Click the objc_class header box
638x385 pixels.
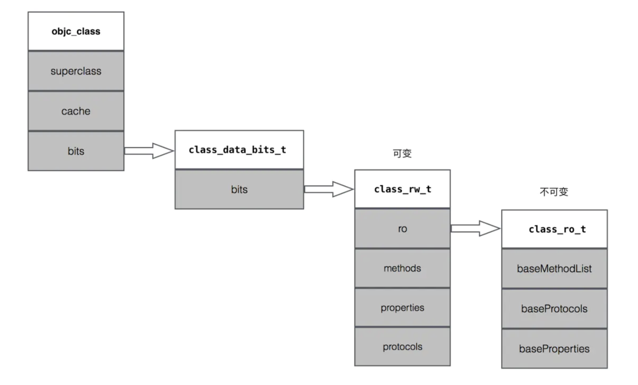(x=76, y=32)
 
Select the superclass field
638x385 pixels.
(x=76, y=71)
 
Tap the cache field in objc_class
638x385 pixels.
(x=76, y=111)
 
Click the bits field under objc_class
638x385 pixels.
(x=76, y=151)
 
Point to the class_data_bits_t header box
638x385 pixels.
(x=239, y=150)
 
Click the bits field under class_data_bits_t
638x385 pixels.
(x=239, y=189)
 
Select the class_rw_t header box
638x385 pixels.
(x=402, y=189)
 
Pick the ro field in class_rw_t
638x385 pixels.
(x=402, y=229)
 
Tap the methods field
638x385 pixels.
(x=402, y=268)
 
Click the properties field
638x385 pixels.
(x=402, y=308)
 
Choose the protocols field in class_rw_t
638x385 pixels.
(x=402, y=346)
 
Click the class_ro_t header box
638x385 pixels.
(x=554, y=229)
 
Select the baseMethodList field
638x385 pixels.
(x=554, y=269)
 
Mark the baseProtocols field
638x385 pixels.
(x=554, y=308)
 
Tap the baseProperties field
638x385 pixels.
(x=554, y=348)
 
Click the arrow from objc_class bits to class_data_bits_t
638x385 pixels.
(x=148, y=151)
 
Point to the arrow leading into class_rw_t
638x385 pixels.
(x=328, y=189)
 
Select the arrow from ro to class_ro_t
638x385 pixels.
(x=475, y=228)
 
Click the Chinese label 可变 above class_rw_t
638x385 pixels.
(x=402, y=154)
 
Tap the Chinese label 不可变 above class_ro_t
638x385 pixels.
(x=554, y=192)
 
